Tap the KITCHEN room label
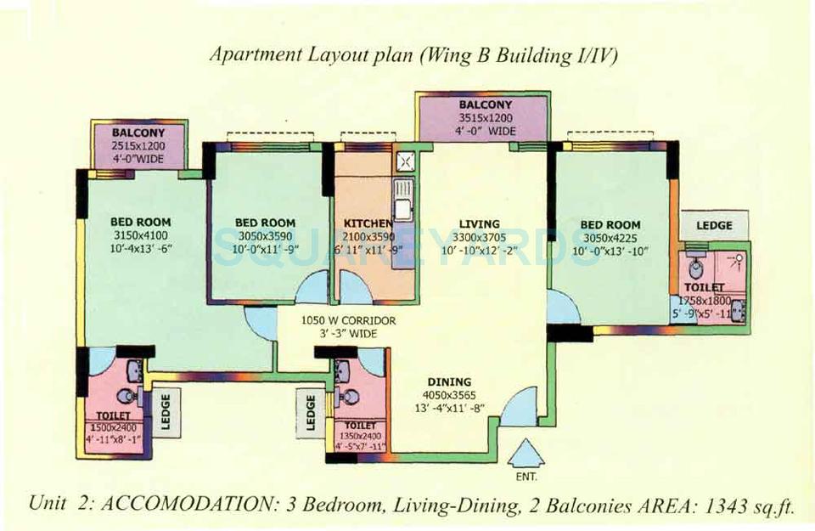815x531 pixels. [x=368, y=223]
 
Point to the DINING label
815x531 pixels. [x=450, y=382]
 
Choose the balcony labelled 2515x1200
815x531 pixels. [x=138, y=145]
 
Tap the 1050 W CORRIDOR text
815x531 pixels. [x=340, y=321]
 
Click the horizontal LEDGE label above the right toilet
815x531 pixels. [x=714, y=225]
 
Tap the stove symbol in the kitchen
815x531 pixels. [x=405, y=159]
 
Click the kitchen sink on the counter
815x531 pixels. [x=404, y=193]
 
